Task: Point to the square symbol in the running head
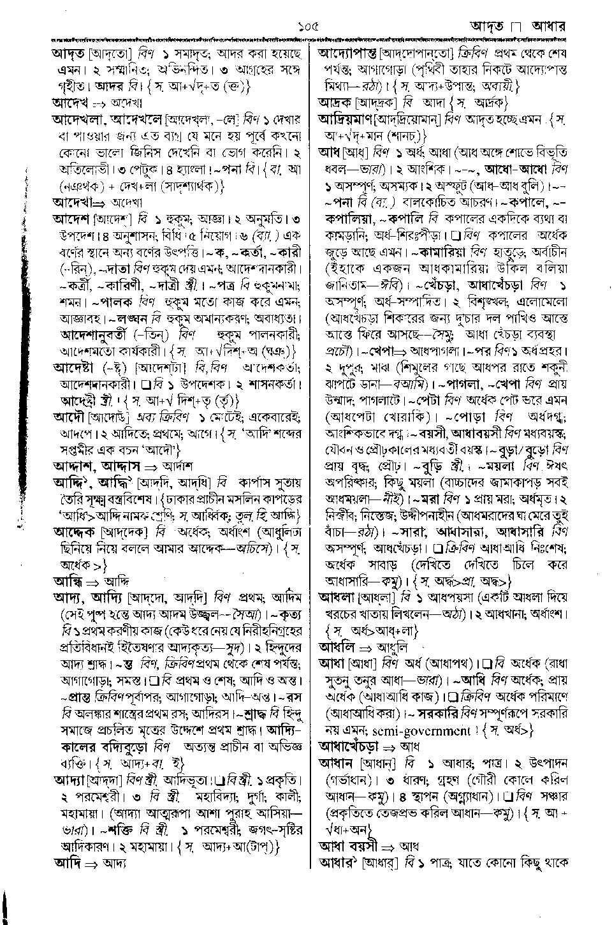[516, 27]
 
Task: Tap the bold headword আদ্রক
[335, 102]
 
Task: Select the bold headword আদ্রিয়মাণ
[346, 119]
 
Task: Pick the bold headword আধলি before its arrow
[335, 647]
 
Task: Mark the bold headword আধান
[337, 763]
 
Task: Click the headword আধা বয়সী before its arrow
[347, 846]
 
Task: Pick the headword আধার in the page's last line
[337, 863]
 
